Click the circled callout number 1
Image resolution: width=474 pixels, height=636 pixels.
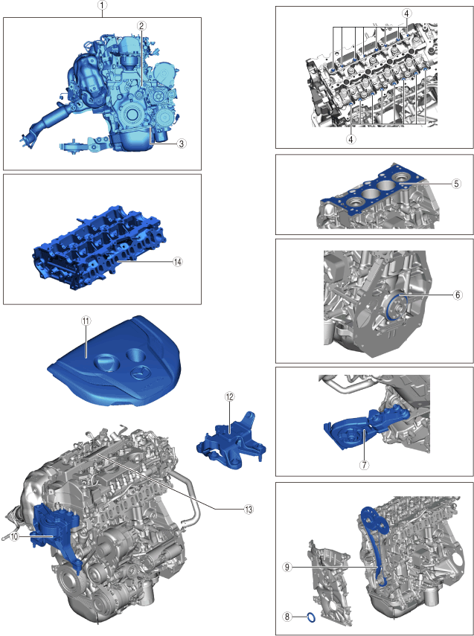point(103,5)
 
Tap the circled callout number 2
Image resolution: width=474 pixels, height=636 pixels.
point(141,26)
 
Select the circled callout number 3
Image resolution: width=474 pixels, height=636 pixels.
point(182,143)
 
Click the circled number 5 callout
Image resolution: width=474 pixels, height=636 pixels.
point(457,184)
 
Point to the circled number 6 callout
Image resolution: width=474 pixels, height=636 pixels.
point(458,295)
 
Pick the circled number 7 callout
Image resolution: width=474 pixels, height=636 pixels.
point(364,465)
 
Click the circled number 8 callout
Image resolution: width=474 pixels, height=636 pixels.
point(287,617)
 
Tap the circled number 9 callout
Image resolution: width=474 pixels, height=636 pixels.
point(287,568)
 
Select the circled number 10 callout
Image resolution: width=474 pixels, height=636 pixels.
point(14,536)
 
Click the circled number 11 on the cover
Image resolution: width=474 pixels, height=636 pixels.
point(86,321)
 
